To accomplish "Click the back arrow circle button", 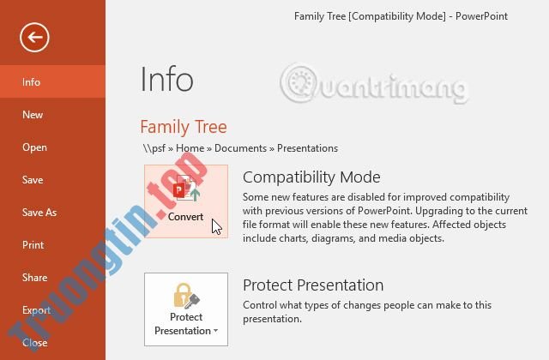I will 35,37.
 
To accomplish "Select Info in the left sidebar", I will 32,82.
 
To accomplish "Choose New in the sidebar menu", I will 33,115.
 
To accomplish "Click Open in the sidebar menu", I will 34,147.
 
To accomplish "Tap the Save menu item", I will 33,180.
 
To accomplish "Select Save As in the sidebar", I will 39,213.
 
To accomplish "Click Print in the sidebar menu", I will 33,245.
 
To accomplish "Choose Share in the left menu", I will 34,278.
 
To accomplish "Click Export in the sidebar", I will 36,310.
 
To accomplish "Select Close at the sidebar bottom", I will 34,343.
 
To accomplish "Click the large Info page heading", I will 166,80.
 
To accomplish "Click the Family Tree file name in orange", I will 183,128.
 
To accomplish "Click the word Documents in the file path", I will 240,148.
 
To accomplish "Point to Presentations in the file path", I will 306,148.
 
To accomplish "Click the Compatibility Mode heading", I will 311,177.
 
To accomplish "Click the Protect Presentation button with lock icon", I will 186,309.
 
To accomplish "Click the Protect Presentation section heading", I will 312,285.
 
